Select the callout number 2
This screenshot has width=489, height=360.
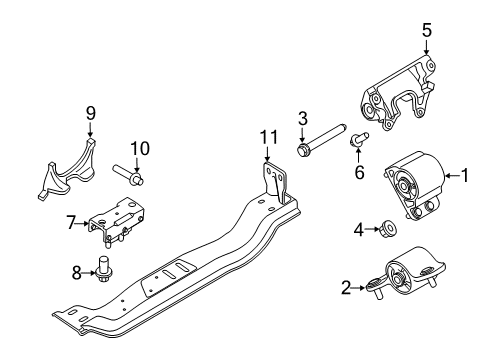pos(346,289)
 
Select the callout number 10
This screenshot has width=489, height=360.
pos(140,148)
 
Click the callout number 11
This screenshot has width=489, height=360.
pos(266,136)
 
